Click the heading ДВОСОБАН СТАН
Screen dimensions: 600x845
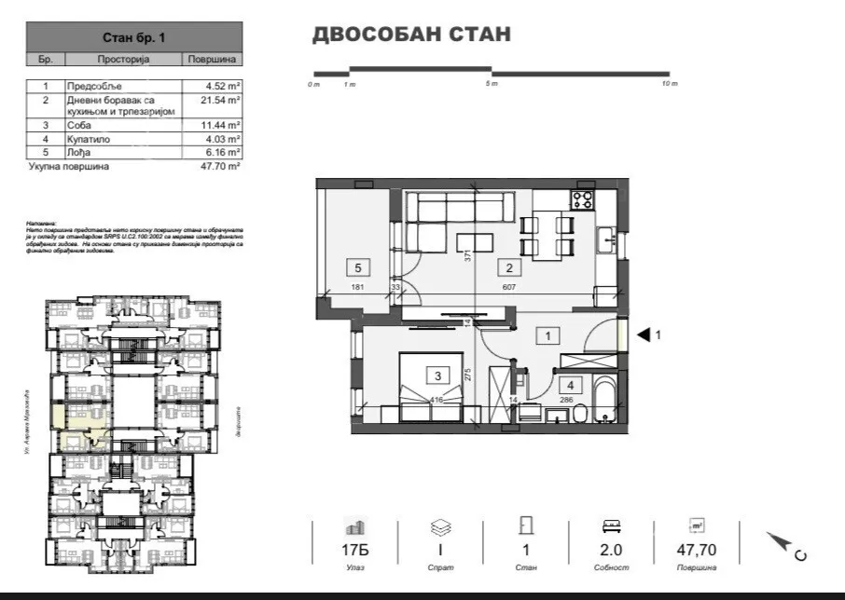pyautogui.click(x=410, y=35)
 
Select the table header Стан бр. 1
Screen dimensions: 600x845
pyautogui.click(x=134, y=38)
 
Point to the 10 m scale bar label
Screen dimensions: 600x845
pyautogui.click(x=669, y=85)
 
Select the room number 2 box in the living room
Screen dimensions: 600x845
pyautogui.click(x=509, y=269)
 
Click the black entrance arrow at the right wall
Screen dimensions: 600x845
pyautogui.click(x=643, y=334)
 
